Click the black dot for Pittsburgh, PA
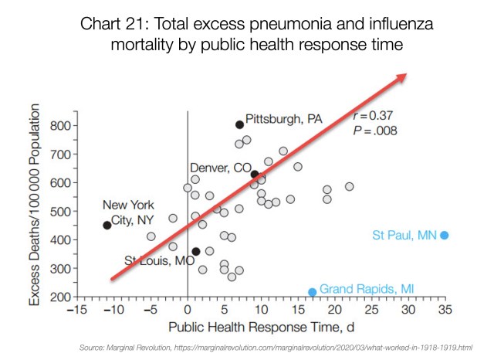pyautogui.click(x=239, y=124)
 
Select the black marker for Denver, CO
pyautogui.click(x=255, y=174)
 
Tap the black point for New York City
pyautogui.click(x=107, y=225)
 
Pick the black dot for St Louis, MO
pyautogui.click(x=196, y=251)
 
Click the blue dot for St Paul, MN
pyautogui.click(x=445, y=235)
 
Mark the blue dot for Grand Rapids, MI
pyautogui.click(x=313, y=292)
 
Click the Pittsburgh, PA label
pyautogui.click(x=283, y=120)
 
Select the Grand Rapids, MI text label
pyautogui.click(x=367, y=288)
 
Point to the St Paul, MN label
pyautogui.click(x=405, y=235)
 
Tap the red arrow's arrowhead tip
pyautogui.click(x=407, y=74)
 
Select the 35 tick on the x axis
pyautogui.click(x=445, y=309)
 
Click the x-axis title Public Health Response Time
pyautogui.click(x=260, y=325)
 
